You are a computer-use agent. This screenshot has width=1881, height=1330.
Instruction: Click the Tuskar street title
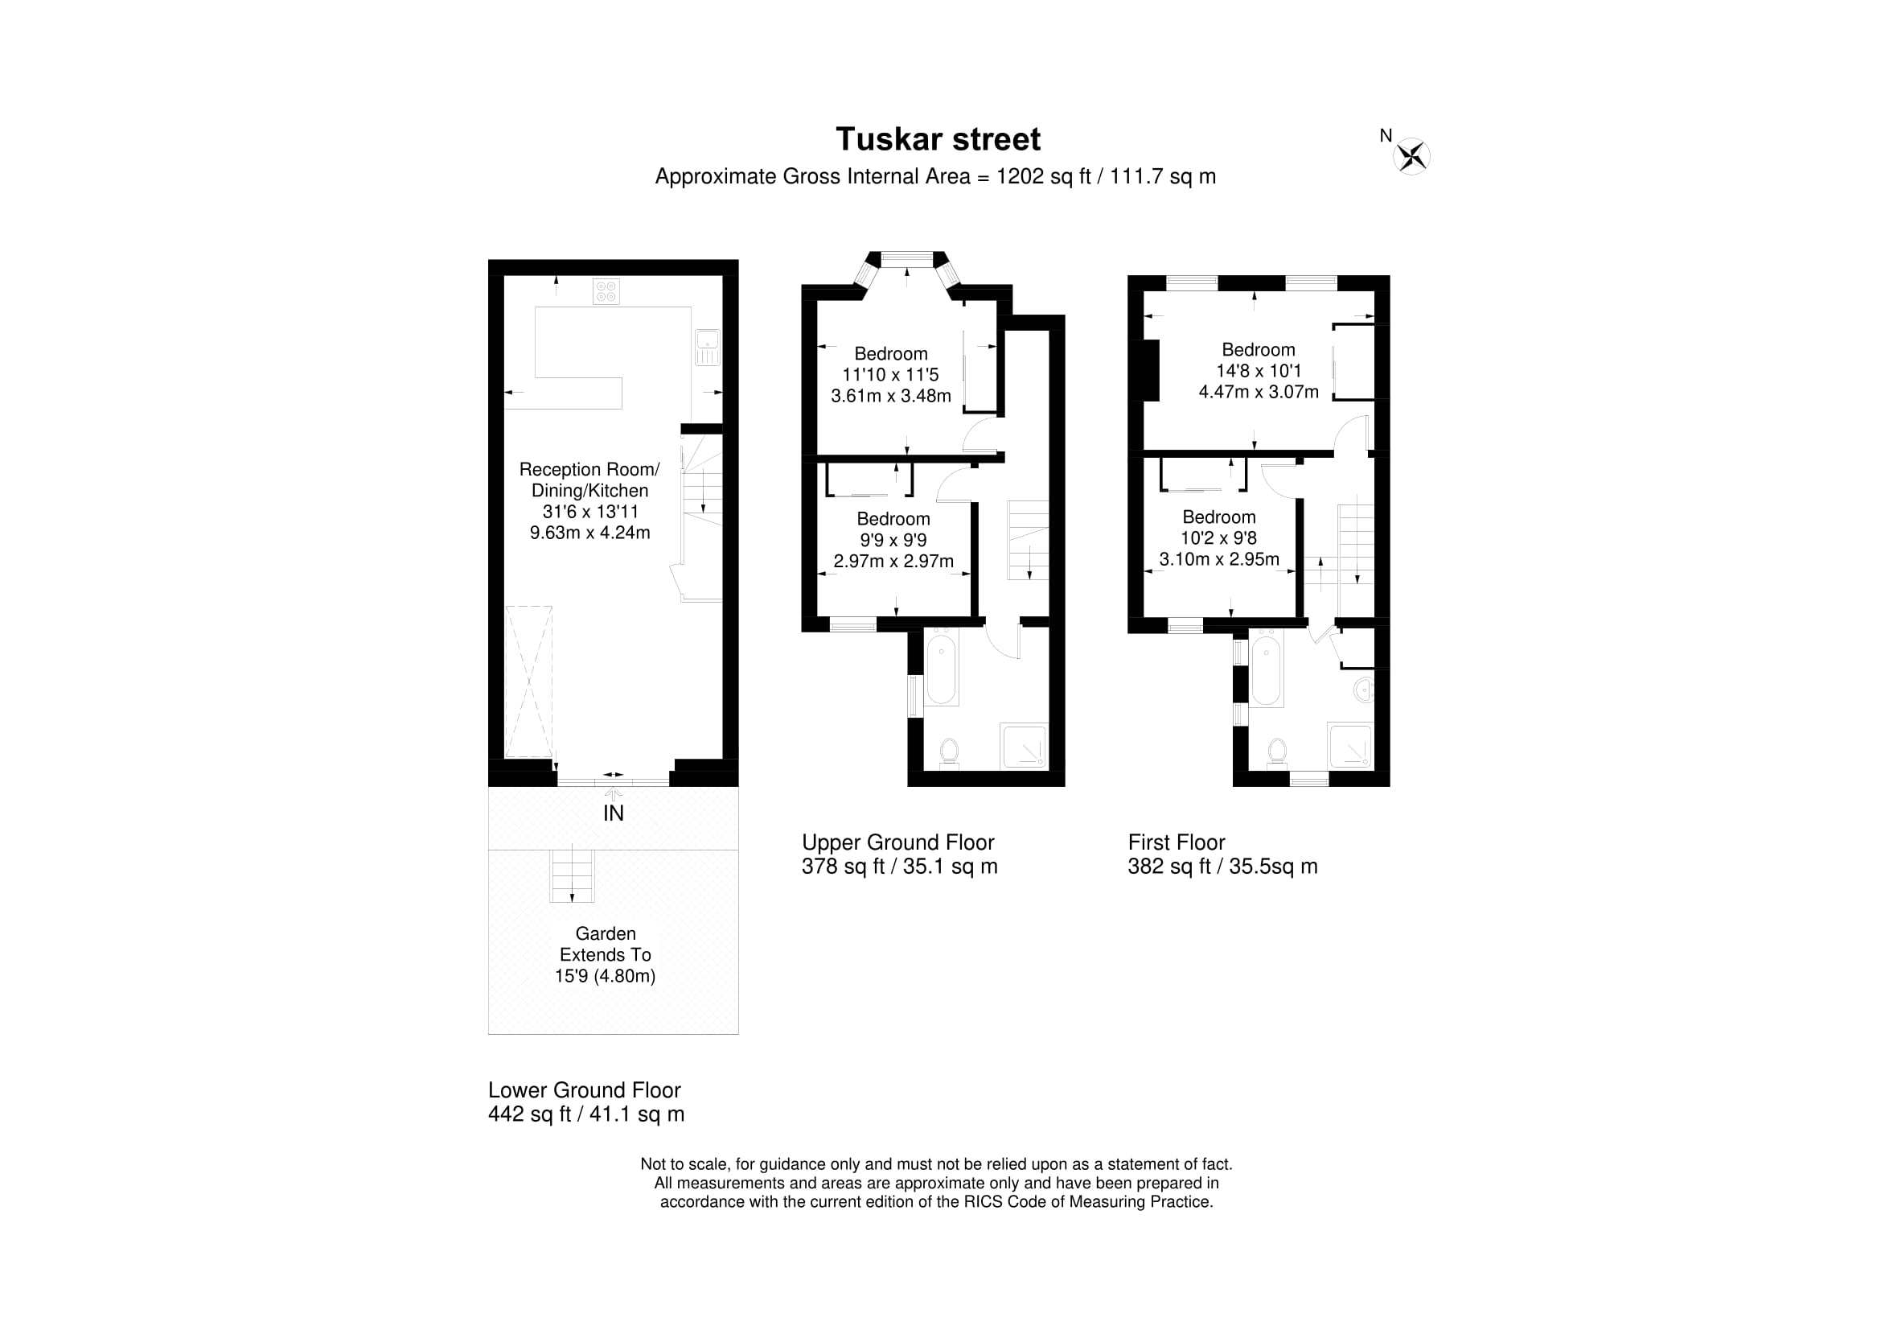click(x=937, y=139)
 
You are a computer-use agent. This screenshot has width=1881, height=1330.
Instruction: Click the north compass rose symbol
click(x=1411, y=156)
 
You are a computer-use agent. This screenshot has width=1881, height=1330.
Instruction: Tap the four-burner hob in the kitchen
click(x=606, y=291)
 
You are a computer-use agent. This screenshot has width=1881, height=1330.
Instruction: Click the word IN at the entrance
click(x=614, y=813)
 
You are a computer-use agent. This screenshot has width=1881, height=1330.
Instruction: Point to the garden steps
click(x=572, y=876)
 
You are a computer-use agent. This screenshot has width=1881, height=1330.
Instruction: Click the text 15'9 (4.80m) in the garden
click(x=606, y=976)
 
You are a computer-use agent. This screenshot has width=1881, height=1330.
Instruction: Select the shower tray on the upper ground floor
click(x=1023, y=746)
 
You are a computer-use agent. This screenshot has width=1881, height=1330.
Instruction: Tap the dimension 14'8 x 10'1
click(x=1259, y=370)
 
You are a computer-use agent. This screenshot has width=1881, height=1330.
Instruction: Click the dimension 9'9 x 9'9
click(x=893, y=540)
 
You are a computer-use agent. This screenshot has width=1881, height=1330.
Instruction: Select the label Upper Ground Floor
click(x=898, y=842)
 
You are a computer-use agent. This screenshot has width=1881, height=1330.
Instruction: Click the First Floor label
click(x=1177, y=842)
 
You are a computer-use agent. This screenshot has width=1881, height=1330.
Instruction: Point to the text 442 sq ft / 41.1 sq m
click(x=586, y=1114)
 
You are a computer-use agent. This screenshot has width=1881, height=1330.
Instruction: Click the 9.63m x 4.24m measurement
click(x=589, y=533)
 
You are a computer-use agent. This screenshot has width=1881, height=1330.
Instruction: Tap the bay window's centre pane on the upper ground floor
click(x=906, y=259)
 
